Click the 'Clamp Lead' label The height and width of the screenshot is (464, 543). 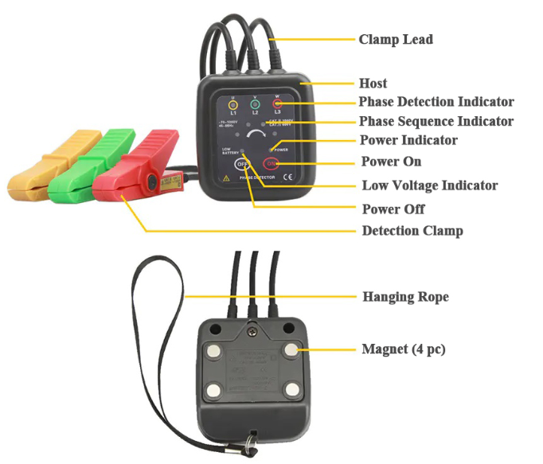coord(396,39)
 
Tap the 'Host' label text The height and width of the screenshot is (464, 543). coord(373,83)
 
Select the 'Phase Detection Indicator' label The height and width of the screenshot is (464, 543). coord(436,102)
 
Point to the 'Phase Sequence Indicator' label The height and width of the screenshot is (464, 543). coord(436,122)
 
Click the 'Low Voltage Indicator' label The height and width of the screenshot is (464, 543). coord(429,185)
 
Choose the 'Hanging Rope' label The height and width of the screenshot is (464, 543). coord(405,297)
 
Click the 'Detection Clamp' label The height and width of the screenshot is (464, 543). coord(412,231)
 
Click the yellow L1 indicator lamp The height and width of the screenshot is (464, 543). coord(232,104)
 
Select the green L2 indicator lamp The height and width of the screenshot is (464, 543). coord(255,104)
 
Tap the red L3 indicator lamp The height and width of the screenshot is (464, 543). coord(278,104)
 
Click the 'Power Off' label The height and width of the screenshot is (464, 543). coord(393,209)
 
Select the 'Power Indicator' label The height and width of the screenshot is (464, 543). coord(408,141)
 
